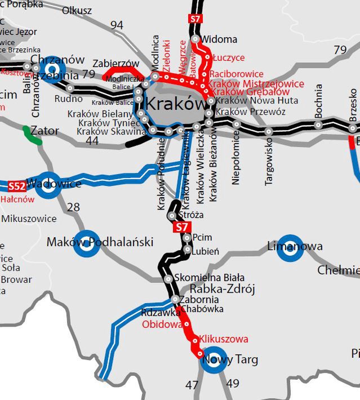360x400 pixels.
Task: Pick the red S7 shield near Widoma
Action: [x=194, y=20]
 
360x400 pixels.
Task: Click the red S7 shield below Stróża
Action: [x=180, y=228]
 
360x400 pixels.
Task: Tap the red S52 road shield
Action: [x=16, y=185]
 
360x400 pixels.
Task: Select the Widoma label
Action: [x=219, y=39]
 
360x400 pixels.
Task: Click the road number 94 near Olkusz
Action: [x=117, y=25]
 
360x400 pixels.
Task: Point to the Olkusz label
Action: [x=77, y=10]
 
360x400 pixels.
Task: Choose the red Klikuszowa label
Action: [x=223, y=339]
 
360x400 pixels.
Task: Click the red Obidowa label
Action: [x=162, y=325]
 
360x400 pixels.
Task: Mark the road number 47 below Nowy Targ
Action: [x=192, y=385]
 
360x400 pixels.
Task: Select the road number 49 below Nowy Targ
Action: [x=232, y=384]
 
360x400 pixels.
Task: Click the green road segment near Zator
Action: [x=32, y=137]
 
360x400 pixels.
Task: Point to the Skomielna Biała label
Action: [x=209, y=278]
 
